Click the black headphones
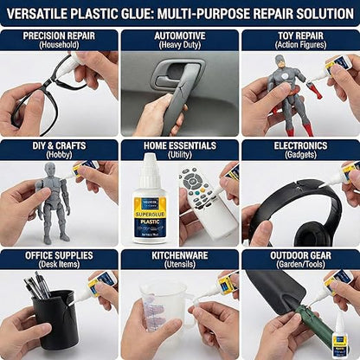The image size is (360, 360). click(294, 208)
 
